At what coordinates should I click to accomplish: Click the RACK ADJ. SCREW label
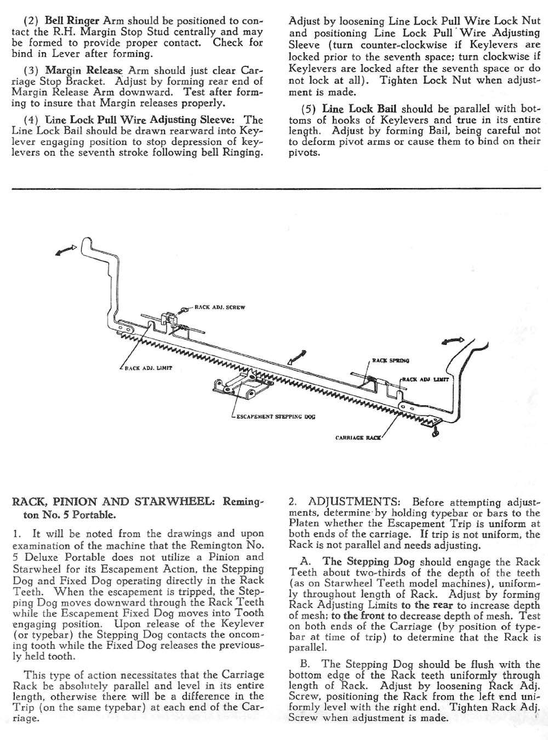(220, 308)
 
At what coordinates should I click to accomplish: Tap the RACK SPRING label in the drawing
(390, 360)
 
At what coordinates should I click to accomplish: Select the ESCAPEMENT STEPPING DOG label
(276, 417)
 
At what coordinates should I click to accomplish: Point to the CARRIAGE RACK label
(358, 438)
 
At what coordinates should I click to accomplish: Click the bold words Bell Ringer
(72, 21)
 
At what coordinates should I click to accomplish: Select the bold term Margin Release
(76, 70)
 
